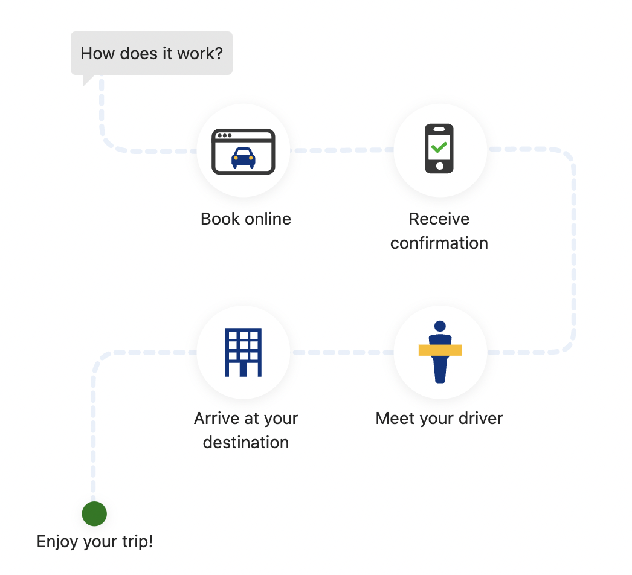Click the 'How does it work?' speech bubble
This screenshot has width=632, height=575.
click(152, 53)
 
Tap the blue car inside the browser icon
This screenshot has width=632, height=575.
click(243, 158)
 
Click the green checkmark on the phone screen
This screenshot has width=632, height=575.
click(439, 147)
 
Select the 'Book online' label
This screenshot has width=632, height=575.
click(246, 219)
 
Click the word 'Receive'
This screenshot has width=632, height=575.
click(439, 219)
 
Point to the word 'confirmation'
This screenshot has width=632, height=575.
click(439, 243)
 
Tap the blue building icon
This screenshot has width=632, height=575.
click(243, 353)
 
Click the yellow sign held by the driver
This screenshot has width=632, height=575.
click(440, 350)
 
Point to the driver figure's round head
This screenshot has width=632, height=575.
click(440, 326)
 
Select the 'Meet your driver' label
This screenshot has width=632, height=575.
click(439, 418)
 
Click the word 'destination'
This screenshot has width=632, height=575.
click(246, 443)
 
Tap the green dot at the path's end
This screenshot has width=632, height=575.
click(94, 514)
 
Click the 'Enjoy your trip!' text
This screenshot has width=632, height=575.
click(95, 542)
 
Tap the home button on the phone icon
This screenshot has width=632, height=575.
click(440, 166)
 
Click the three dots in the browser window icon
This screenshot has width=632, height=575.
click(225, 135)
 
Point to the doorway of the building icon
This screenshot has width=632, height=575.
click(243, 370)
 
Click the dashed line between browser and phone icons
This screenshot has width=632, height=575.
click(342, 150)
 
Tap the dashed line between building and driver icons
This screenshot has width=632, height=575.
click(342, 353)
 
